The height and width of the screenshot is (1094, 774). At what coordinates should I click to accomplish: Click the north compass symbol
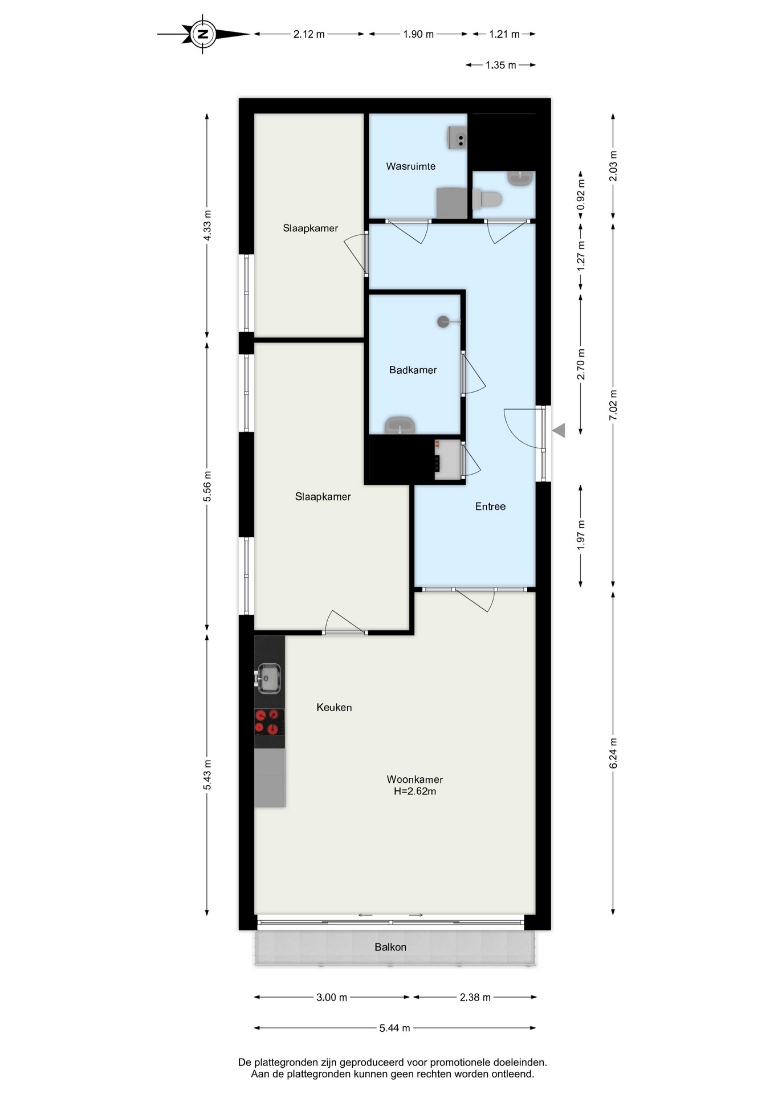(x=203, y=34)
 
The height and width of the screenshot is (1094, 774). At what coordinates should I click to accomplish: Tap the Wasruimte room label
(x=410, y=166)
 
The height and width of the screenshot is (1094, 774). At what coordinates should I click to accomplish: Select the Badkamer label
(x=413, y=370)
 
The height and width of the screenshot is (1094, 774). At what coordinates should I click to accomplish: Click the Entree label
(x=490, y=506)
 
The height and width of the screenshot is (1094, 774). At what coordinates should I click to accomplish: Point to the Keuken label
(x=334, y=707)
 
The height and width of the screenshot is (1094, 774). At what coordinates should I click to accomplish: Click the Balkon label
(x=390, y=947)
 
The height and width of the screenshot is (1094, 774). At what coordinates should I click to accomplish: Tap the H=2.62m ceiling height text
(x=415, y=791)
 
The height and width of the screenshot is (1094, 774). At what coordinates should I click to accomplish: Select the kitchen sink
(x=268, y=678)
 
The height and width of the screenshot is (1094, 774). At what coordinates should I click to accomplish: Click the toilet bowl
(x=487, y=199)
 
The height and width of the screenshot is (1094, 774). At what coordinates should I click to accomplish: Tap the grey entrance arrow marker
(x=559, y=430)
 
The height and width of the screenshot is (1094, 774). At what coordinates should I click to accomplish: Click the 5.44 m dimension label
(x=394, y=1028)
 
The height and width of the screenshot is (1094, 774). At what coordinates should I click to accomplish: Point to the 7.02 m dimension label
(x=613, y=405)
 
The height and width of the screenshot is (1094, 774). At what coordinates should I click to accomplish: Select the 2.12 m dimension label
(x=309, y=34)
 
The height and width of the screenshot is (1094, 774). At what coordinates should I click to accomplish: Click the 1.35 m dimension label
(x=500, y=65)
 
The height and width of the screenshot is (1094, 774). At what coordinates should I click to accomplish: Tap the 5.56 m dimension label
(x=207, y=487)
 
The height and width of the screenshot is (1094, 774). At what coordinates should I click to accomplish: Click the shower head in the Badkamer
(x=443, y=322)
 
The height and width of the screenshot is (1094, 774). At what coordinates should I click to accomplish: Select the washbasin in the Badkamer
(x=400, y=425)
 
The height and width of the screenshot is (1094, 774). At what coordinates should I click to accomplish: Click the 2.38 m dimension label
(x=475, y=997)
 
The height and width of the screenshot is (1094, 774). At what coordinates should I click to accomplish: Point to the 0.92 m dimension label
(x=581, y=195)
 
